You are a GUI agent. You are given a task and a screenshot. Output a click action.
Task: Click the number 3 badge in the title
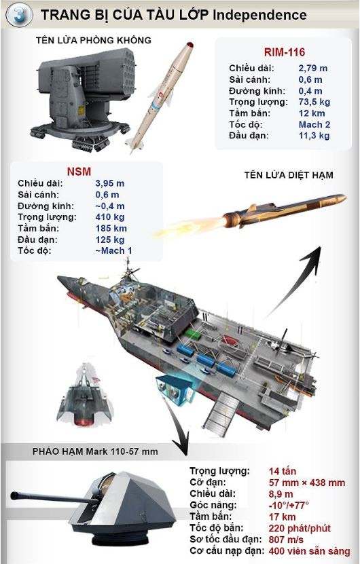(x=19, y=15)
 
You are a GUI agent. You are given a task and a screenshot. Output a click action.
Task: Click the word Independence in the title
(x=259, y=15)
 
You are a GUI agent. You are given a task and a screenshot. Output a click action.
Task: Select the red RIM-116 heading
(x=285, y=52)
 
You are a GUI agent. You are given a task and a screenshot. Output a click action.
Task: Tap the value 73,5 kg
(x=314, y=102)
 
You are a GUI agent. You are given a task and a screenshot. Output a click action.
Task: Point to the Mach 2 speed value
(x=314, y=124)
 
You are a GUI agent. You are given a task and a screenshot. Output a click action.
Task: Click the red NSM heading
(x=79, y=172)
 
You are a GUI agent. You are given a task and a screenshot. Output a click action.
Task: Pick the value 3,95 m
(x=110, y=183)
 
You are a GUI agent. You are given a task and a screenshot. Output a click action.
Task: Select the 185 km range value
(x=111, y=229)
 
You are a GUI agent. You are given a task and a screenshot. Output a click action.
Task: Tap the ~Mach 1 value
(x=113, y=250)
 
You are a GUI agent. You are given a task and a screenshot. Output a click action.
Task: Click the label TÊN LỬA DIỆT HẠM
(x=289, y=175)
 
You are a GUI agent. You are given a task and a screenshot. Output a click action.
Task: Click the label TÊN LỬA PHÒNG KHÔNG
(x=94, y=40)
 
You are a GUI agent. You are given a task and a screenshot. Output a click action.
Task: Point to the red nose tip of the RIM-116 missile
(x=190, y=45)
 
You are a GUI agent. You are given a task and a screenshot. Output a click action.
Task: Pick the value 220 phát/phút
(x=300, y=528)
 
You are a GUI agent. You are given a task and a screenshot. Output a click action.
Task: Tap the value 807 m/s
(x=286, y=540)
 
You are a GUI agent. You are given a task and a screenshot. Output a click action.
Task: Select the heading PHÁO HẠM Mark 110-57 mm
(x=95, y=451)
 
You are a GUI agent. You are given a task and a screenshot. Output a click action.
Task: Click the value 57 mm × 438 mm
(x=307, y=483)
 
